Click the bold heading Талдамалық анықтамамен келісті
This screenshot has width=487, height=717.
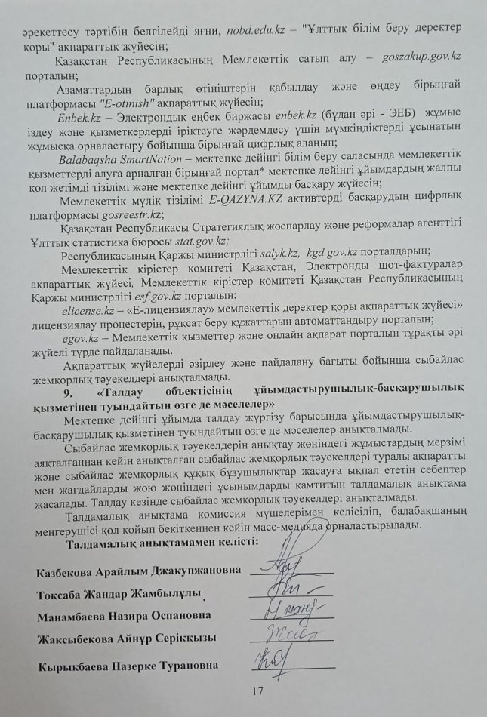[163, 543]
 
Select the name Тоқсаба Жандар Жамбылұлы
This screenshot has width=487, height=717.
[119, 594]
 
